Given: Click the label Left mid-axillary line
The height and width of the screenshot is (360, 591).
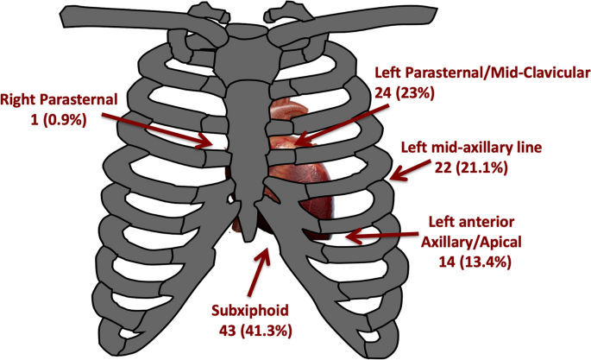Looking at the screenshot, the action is [471, 148].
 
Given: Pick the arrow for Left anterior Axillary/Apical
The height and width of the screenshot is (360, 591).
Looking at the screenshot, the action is [380, 232].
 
